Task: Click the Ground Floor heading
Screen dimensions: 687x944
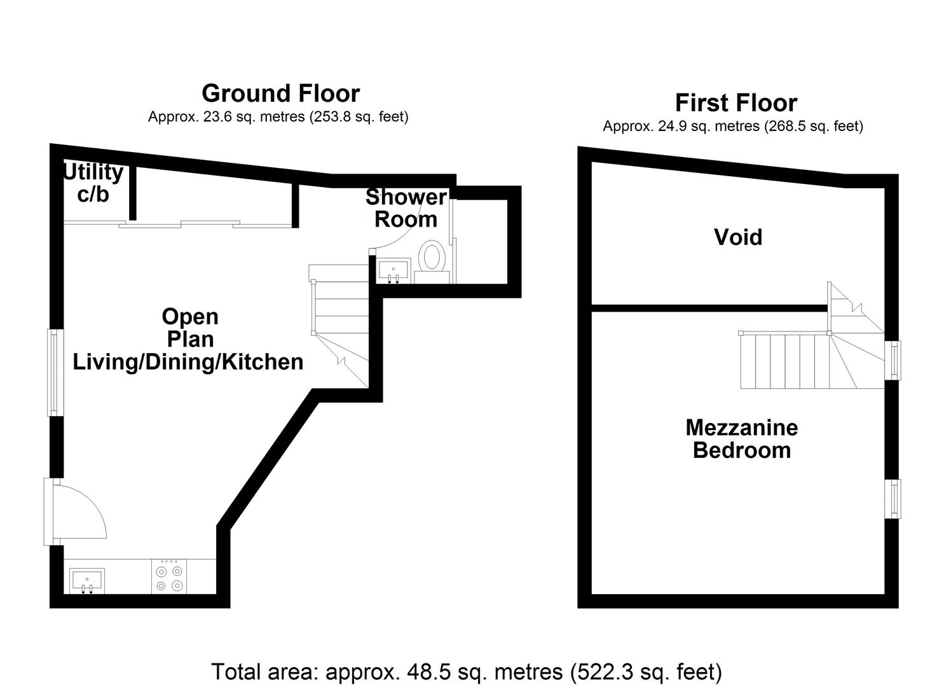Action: click(280, 94)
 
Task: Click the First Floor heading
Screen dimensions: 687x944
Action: click(735, 102)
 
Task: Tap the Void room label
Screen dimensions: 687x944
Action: click(737, 237)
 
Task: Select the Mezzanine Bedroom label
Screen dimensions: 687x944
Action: click(741, 438)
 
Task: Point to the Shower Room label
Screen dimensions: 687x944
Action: click(406, 208)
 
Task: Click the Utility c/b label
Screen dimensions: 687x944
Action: click(93, 183)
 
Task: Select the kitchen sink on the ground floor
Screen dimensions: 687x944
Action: click(86, 581)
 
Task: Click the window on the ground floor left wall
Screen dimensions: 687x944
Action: click(56, 372)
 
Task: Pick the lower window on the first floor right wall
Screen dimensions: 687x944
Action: click(894, 498)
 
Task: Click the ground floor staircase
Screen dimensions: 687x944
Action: click(340, 318)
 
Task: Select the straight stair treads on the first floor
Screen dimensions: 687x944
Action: click(785, 361)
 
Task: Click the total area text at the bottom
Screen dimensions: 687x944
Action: click(466, 672)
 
